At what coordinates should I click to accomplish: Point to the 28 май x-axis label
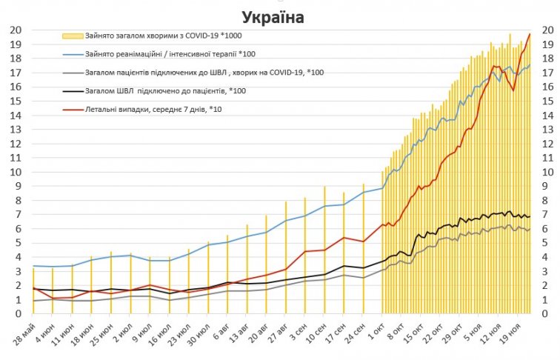[25, 331]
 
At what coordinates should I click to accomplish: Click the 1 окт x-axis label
[376, 329]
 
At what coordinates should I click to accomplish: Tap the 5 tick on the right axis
[546, 243]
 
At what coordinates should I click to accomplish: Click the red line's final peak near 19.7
[530, 35]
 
